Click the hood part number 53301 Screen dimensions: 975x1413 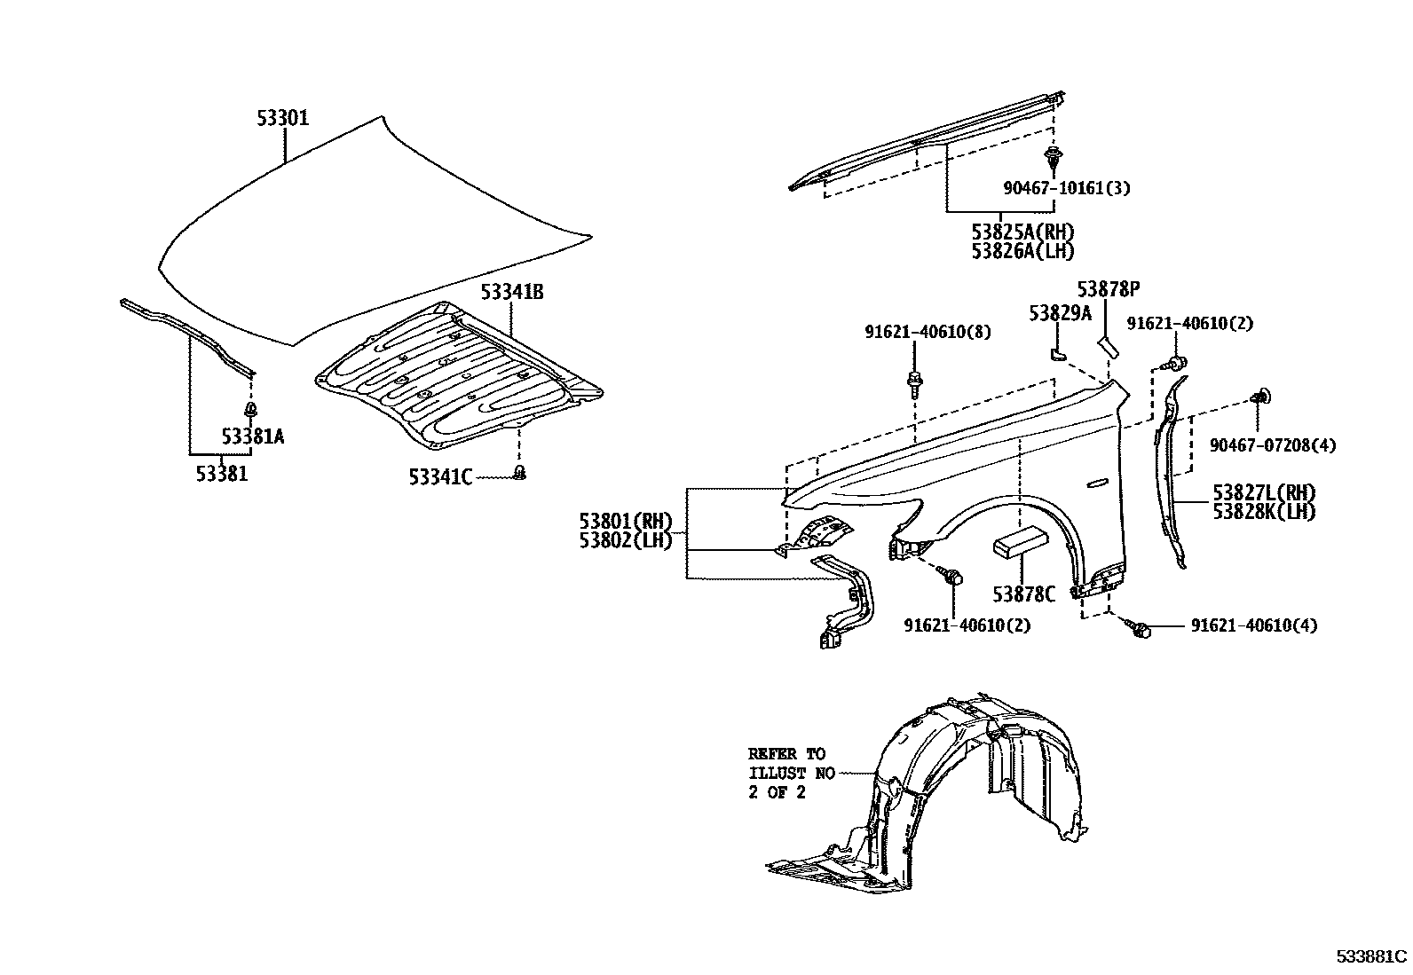(x=283, y=118)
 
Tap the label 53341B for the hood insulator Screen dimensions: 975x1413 (x=512, y=291)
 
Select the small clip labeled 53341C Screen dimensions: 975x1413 (x=521, y=473)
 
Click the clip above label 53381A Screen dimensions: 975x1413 (x=252, y=410)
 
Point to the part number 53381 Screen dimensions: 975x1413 (x=222, y=475)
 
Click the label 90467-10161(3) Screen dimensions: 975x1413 (x=1067, y=188)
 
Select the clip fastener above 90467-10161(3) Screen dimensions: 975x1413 (x=1053, y=161)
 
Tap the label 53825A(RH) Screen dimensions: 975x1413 (x=1022, y=232)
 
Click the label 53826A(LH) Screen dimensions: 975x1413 (x=1022, y=251)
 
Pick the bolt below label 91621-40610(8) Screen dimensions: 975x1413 (x=913, y=383)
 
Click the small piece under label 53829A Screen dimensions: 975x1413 (x=1055, y=352)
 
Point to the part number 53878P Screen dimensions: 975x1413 (x=1108, y=289)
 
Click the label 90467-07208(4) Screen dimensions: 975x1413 (x=1273, y=444)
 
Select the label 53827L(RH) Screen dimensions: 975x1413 (x=1264, y=492)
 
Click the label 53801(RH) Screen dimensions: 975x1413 (x=627, y=520)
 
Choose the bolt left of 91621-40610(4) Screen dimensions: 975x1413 (x=1141, y=629)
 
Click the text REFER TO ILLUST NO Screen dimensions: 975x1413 (x=791, y=763)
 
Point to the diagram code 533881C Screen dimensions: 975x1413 (x=1372, y=956)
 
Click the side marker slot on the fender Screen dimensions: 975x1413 (x=1098, y=483)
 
